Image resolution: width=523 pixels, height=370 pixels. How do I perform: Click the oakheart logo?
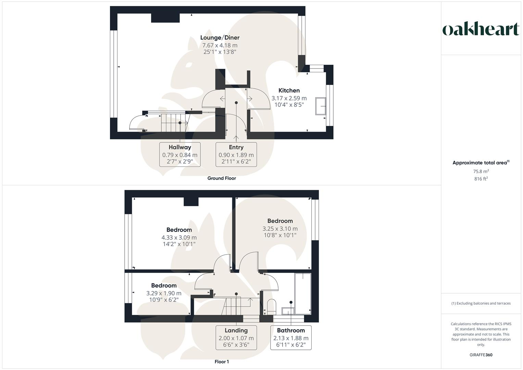click(481, 29)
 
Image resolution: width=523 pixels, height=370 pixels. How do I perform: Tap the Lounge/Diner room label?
click(220, 38)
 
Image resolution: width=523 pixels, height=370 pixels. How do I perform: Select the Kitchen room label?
click(289, 90)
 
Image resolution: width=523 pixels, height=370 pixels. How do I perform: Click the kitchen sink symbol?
click(321, 106)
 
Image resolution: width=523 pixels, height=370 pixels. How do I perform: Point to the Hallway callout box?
click(180, 155)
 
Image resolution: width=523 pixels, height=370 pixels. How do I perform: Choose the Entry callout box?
click(236, 155)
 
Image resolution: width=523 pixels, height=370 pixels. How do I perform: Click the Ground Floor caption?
click(222, 178)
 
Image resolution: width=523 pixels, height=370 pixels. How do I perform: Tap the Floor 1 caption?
click(222, 362)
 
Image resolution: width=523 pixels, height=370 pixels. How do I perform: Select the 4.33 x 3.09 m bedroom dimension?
click(179, 237)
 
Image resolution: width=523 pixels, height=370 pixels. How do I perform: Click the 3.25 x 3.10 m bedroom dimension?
click(280, 229)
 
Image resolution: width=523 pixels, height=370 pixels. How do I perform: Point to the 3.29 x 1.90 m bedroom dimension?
click(164, 293)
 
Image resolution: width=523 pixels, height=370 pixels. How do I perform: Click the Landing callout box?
click(236, 338)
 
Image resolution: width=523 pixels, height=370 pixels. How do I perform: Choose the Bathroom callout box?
click(291, 338)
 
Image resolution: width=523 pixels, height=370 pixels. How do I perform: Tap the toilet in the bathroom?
click(271, 306)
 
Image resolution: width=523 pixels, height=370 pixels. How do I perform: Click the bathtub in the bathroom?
click(303, 294)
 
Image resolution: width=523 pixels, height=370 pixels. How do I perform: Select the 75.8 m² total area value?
click(481, 171)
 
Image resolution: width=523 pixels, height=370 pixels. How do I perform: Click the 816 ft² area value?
click(481, 179)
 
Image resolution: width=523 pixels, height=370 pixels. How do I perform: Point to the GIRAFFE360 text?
click(481, 355)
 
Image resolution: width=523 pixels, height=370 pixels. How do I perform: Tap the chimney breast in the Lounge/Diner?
click(165, 18)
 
